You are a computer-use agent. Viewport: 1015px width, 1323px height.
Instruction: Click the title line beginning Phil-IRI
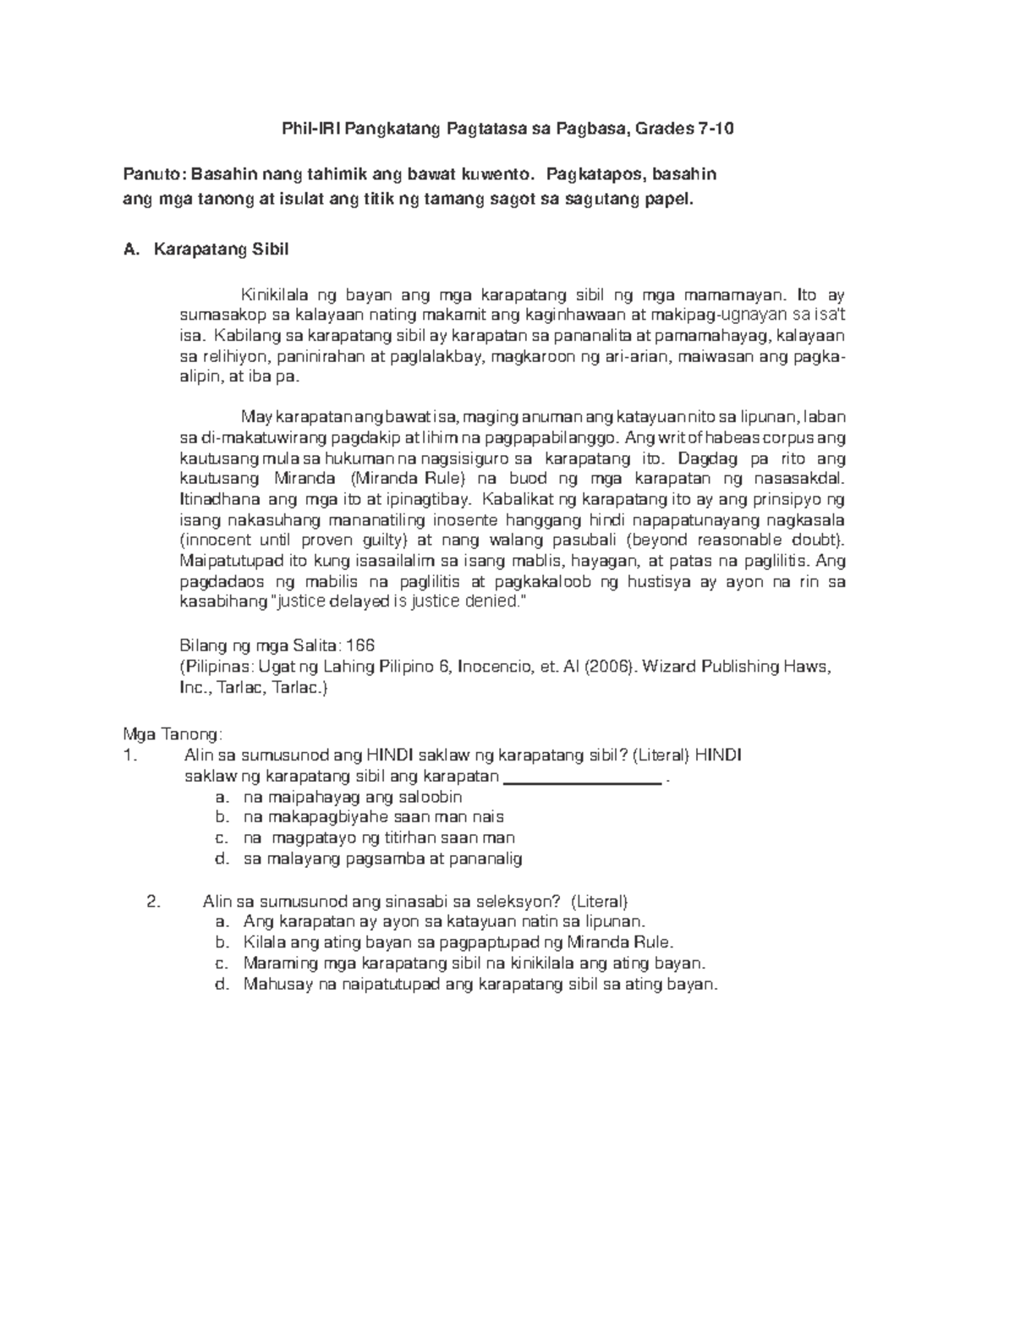click(x=507, y=129)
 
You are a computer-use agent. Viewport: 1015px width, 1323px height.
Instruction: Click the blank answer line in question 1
click(x=582, y=777)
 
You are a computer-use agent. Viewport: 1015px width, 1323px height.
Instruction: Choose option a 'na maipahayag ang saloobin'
click(x=352, y=797)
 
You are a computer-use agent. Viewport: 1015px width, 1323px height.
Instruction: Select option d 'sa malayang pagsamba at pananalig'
click(x=382, y=859)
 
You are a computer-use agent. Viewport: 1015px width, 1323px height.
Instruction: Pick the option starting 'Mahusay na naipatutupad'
click(x=480, y=984)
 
